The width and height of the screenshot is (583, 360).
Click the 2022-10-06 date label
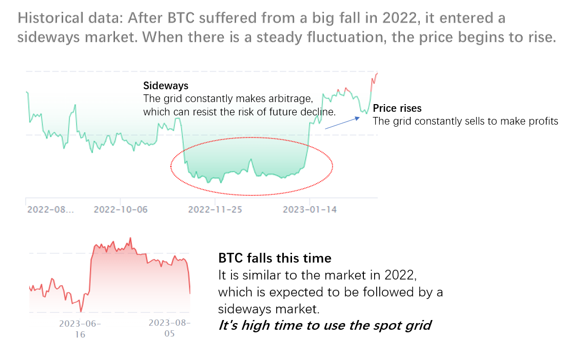tap(121, 210)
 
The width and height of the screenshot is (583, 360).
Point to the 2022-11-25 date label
tap(215, 210)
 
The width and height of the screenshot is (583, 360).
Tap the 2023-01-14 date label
tap(310, 210)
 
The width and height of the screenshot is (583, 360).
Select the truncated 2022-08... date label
tap(51, 210)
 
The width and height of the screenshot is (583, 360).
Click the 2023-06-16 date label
tap(80, 329)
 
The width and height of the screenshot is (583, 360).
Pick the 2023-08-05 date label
tap(169, 328)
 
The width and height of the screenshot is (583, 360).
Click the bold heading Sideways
tap(166, 86)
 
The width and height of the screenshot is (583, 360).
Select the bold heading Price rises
tap(397, 108)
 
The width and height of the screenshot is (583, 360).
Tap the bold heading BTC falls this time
tap(275, 258)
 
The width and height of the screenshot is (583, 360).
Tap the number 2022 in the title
tap(399, 18)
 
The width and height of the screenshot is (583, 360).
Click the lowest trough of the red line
tap(81, 311)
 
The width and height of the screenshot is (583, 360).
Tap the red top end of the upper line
tap(377, 73)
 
